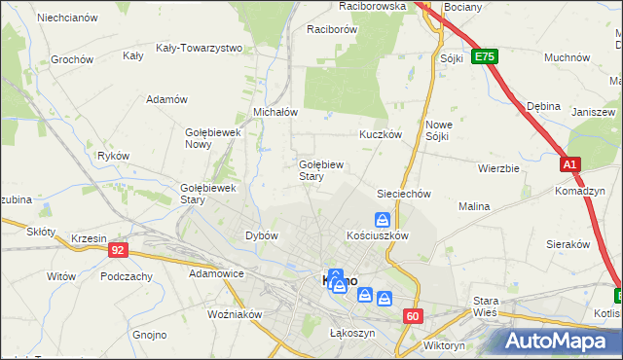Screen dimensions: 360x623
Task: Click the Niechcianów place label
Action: (x=67, y=18)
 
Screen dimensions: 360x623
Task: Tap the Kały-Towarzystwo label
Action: (x=199, y=48)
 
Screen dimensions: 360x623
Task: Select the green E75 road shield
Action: (x=485, y=57)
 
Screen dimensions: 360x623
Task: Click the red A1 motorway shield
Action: (x=570, y=166)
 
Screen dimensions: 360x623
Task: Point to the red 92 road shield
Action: (x=118, y=250)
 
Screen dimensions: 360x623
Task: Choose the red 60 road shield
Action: (x=414, y=315)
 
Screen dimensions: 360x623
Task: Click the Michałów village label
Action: (x=275, y=112)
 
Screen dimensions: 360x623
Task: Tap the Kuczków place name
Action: (x=381, y=135)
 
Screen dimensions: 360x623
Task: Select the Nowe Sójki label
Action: (x=444, y=130)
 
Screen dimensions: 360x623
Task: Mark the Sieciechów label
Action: (x=403, y=194)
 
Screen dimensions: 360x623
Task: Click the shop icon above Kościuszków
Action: (x=384, y=221)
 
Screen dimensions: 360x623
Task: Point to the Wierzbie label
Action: (x=498, y=167)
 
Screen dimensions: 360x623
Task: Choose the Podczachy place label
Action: (x=126, y=276)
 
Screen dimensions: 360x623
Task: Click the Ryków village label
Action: (x=114, y=155)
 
